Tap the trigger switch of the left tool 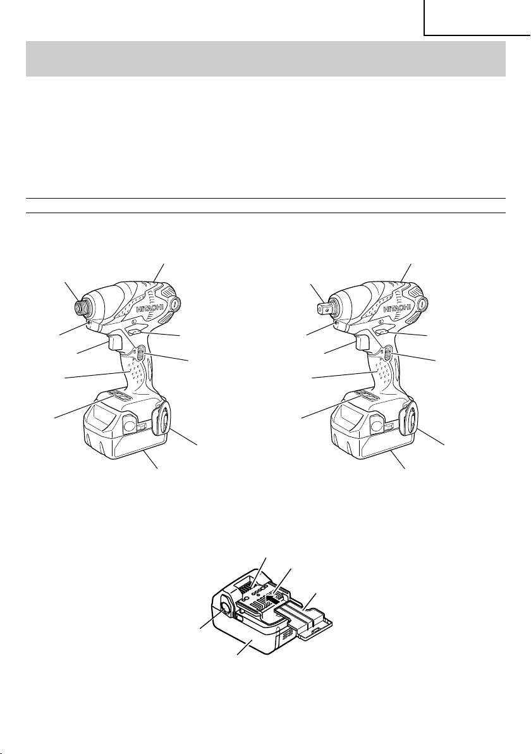click(x=115, y=342)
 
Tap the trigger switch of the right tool click(x=363, y=342)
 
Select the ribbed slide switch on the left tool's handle click(x=139, y=355)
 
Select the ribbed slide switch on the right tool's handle click(x=388, y=355)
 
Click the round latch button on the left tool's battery click(x=129, y=423)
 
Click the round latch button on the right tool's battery click(x=377, y=423)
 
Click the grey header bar click(x=265, y=59)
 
